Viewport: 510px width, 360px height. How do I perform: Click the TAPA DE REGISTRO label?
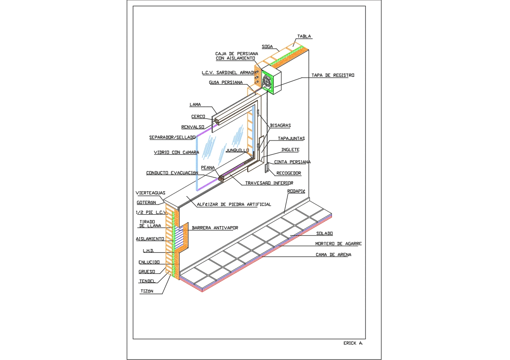pyautogui.click(x=332, y=76)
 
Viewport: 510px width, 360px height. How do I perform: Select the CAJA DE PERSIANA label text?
pyautogui.click(x=236, y=53)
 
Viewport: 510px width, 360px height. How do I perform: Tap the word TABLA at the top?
pyautogui.click(x=304, y=37)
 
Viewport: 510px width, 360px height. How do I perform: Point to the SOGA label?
pyautogui.click(x=267, y=46)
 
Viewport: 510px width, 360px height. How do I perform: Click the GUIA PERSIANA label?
pyautogui.click(x=226, y=83)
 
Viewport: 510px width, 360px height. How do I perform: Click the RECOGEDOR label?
pyautogui.click(x=288, y=173)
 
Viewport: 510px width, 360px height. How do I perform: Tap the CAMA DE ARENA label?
pyautogui.click(x=333, y=255)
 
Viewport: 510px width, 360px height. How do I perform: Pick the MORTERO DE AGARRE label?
pyautogui.click(x=338, y=244)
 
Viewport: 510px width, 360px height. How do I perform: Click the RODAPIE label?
pyautogui.click(x=297, y=191)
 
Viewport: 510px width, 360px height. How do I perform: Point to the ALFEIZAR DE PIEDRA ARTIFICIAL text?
pyautogui.click(x=234, y=205)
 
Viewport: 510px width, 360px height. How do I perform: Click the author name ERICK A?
pyautogui.click(x=353, y=343)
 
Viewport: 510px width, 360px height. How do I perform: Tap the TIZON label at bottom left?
pyautogui.click(x=147, y=292)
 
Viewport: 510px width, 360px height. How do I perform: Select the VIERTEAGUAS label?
pyautogui.click(x=151, y=193)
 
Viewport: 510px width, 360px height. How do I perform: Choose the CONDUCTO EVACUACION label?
pyautogui.click(x=172, y=173)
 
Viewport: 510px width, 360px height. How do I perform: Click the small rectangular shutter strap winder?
pyautogui.click(x=267, y=168)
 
